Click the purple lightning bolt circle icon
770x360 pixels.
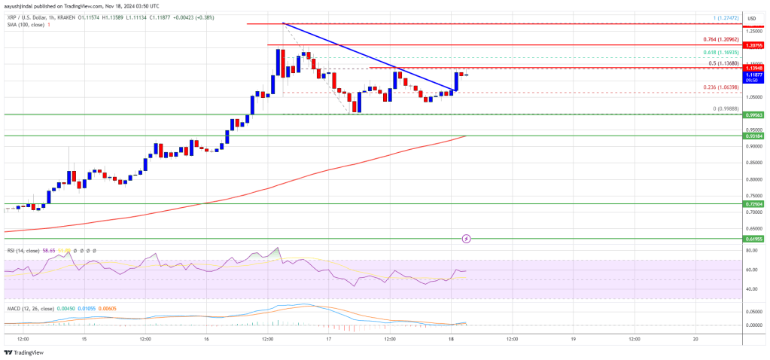(466, 239)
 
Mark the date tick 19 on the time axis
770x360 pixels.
(573, 339)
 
